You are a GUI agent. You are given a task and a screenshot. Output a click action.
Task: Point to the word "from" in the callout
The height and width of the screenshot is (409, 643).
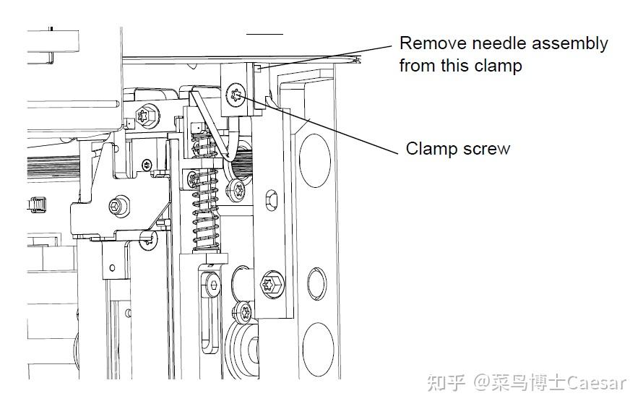418,66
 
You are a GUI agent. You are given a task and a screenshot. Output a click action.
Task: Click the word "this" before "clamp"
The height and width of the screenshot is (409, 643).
454,66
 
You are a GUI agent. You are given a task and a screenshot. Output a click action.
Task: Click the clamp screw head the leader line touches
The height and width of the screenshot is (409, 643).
236,95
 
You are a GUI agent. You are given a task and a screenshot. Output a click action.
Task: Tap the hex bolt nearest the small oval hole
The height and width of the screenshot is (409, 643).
272,284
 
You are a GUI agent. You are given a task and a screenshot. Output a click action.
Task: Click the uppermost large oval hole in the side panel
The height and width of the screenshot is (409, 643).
315,161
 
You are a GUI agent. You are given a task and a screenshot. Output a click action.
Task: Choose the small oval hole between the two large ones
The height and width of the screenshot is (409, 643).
316,284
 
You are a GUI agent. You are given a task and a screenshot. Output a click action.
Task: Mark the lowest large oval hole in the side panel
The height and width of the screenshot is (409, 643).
318,350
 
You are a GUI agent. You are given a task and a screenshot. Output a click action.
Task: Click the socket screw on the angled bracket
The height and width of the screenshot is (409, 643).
119,206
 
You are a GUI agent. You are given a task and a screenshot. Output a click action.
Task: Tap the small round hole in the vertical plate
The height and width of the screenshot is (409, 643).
113,268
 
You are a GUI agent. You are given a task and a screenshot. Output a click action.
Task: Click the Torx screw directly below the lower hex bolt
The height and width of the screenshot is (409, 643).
245,313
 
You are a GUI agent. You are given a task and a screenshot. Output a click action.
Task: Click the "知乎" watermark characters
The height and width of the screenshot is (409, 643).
446,383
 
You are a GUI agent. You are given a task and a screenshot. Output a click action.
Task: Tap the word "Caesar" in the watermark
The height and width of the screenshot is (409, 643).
597,383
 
